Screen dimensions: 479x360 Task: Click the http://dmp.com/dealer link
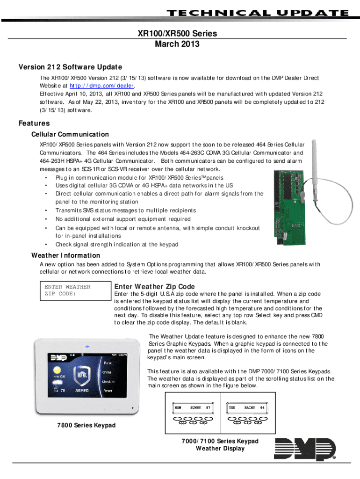pos(101,86)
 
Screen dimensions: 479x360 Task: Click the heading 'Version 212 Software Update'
pos(70,66)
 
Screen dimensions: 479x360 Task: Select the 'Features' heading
pos(34,123)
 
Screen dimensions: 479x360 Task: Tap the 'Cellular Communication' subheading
pos(70,135)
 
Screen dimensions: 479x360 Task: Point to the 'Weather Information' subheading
pos(65,255)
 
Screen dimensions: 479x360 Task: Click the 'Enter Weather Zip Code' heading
pos(154,286)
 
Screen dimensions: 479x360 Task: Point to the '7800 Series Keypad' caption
pos(86,425)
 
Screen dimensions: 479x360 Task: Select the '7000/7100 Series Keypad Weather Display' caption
pos(220,445)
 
